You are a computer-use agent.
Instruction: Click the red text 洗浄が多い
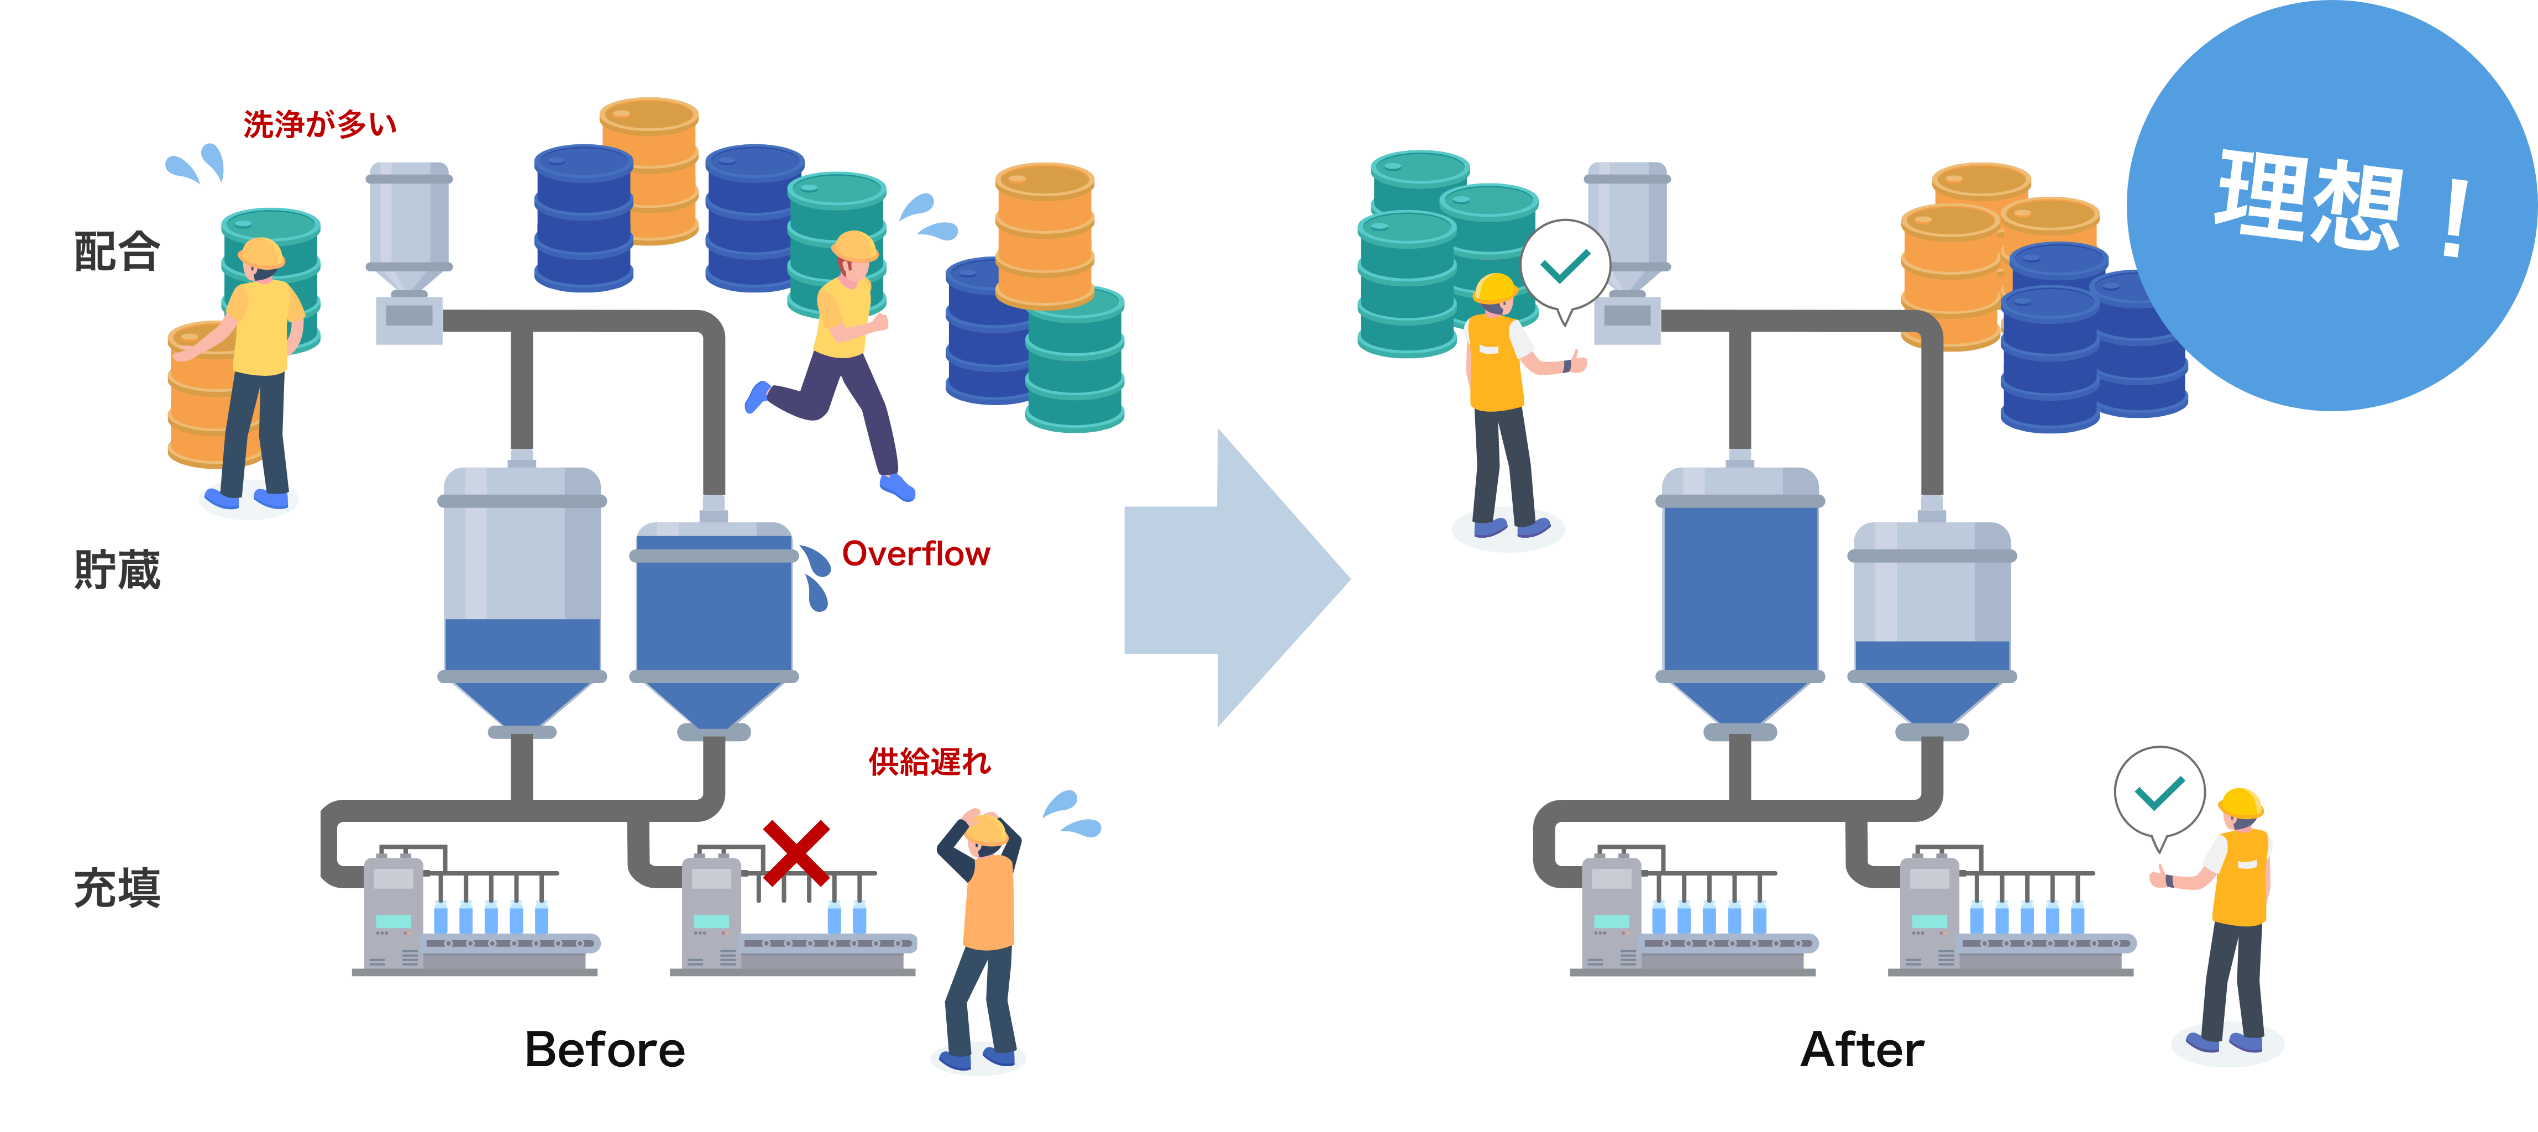click(319, 125)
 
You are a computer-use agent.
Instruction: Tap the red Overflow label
click(915, 555)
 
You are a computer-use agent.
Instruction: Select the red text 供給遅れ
click(929, 762)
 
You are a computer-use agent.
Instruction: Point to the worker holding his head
click(981, 936)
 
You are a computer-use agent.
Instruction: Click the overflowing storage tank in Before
click(714, 621)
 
